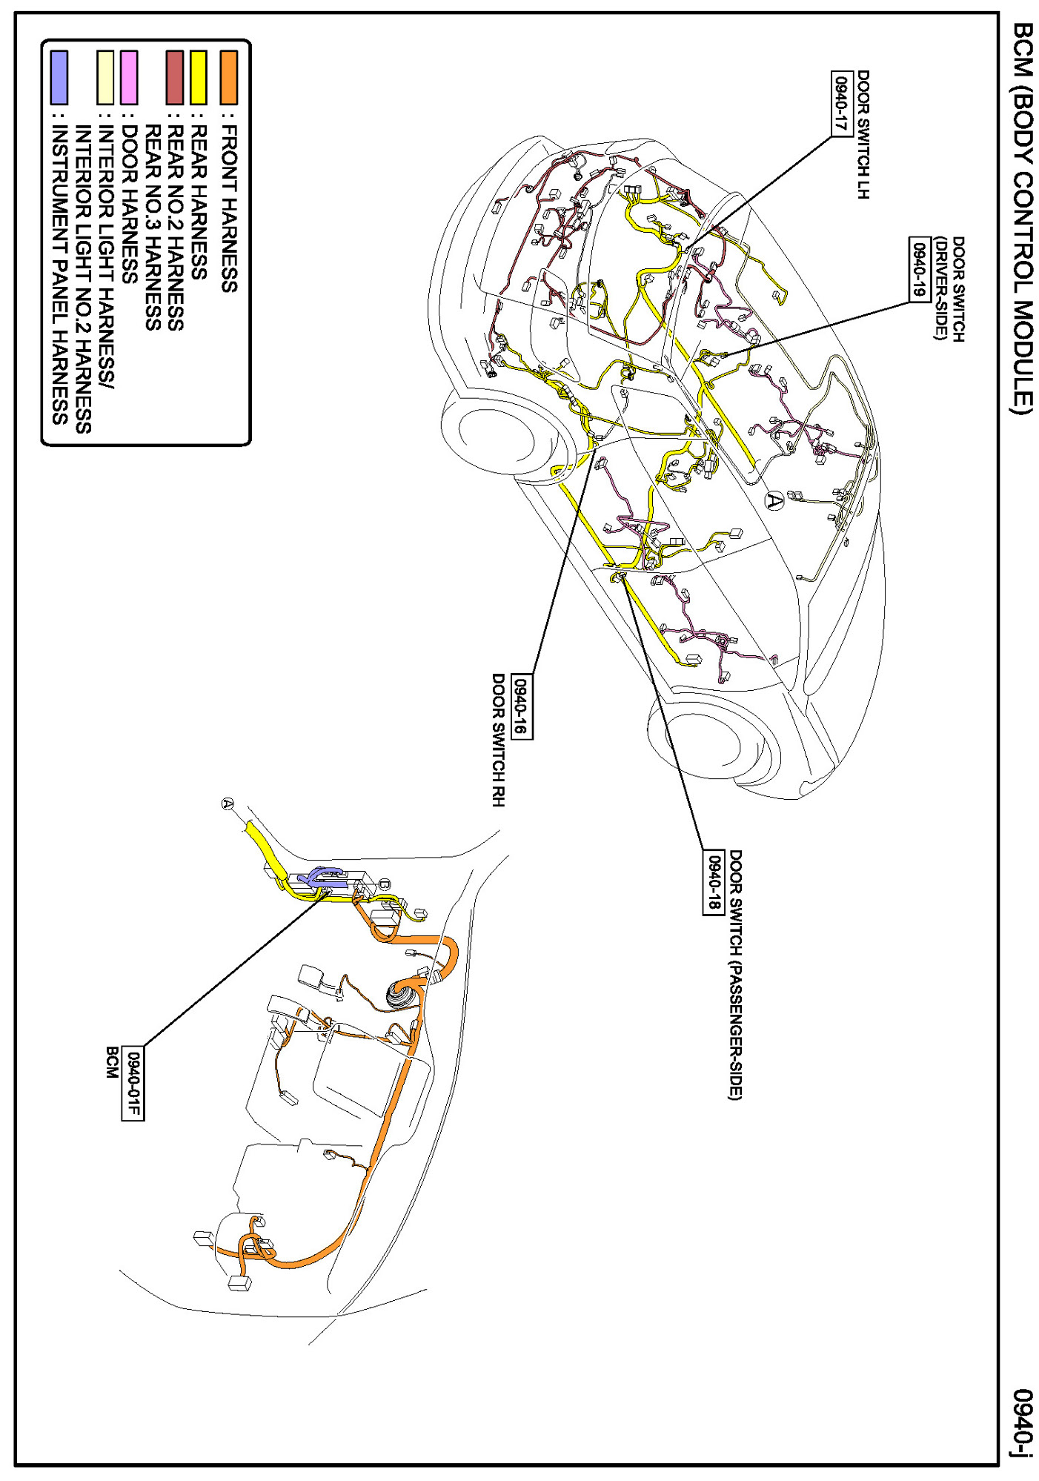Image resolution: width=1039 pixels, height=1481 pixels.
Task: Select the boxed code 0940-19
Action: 919,270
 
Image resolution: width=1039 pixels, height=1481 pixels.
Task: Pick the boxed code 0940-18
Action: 713,882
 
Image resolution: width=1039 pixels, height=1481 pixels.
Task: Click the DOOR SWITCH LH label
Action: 863,134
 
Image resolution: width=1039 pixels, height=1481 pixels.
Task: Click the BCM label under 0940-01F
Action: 112,1061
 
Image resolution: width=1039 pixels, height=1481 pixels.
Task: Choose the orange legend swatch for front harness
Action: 229,77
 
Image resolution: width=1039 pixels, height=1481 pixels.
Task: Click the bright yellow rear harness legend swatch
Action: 199,77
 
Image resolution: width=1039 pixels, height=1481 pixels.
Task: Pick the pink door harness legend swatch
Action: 129,77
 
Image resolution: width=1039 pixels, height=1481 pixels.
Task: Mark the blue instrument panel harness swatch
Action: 59,77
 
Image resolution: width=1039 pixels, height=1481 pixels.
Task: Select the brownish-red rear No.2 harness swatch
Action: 175,77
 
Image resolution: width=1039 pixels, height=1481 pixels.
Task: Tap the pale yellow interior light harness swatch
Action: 106,77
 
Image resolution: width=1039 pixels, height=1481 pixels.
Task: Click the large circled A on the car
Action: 774,500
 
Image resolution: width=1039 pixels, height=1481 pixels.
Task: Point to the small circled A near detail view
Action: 228,804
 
